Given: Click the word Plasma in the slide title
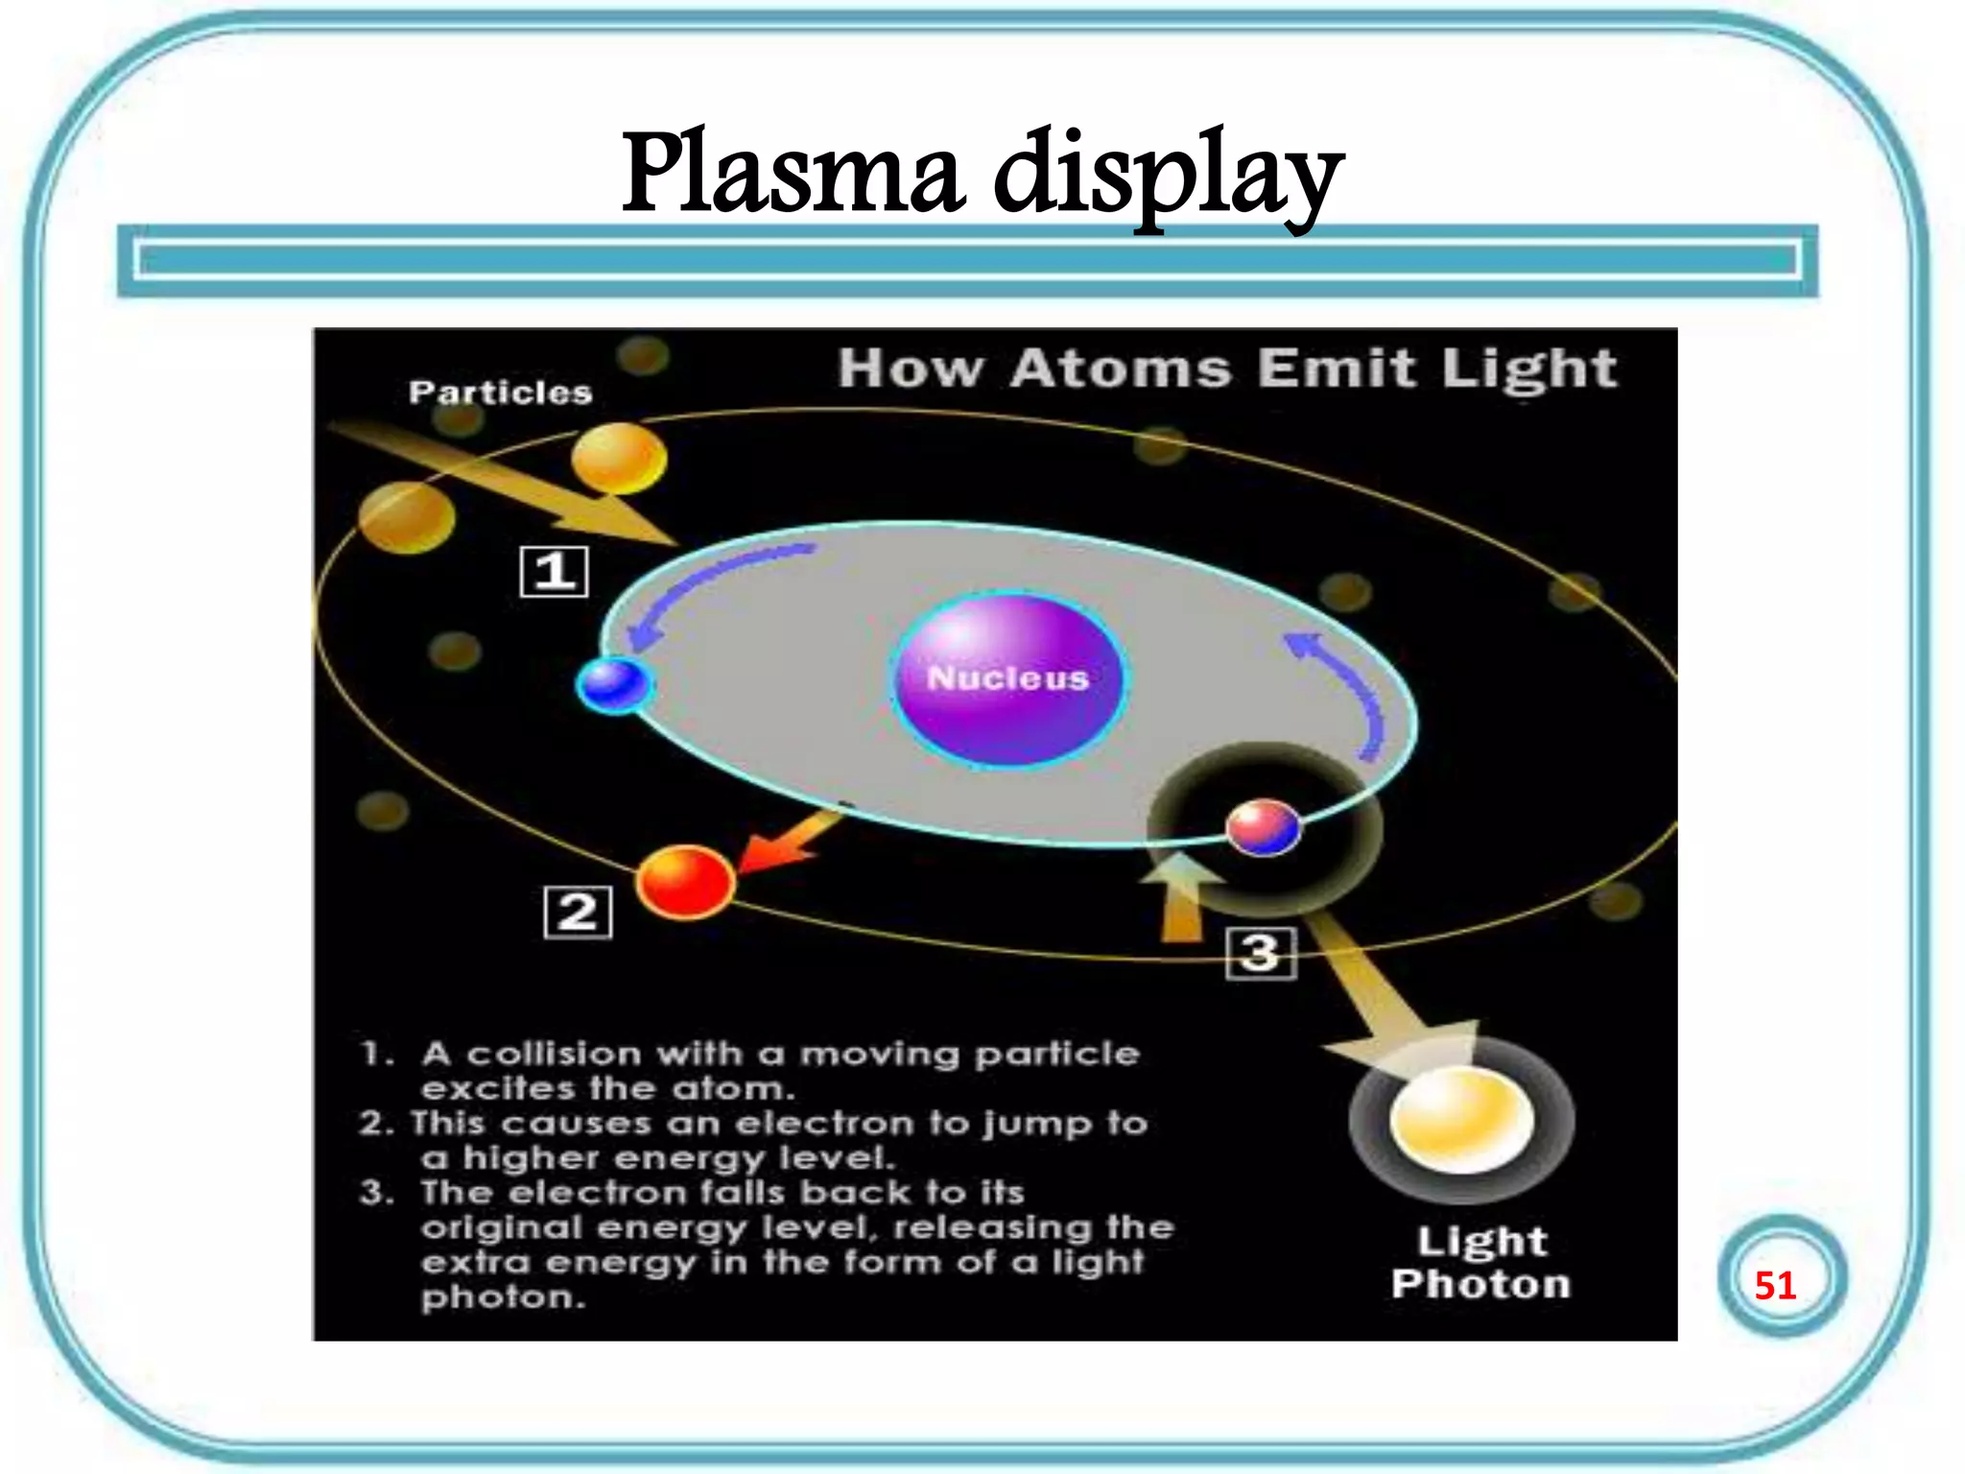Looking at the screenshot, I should [793, 173].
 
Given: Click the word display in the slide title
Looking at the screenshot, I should [1167, 178].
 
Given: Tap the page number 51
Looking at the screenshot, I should [1775, 1285].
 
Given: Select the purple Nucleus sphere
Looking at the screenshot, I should [1007, 678].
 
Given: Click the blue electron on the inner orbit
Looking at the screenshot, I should [613, 685].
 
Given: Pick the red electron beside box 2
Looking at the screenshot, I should [685, 882].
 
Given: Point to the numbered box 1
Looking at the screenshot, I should [554, 572].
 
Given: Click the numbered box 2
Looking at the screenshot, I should [578, 912].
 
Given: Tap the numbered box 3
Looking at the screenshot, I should [1261, 953].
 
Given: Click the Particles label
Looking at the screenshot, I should [500, 392].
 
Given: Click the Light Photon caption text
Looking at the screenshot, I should [1480, 1263].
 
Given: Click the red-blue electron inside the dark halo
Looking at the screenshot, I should [1264, 827].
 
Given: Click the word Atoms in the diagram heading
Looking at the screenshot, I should [1120, 368].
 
